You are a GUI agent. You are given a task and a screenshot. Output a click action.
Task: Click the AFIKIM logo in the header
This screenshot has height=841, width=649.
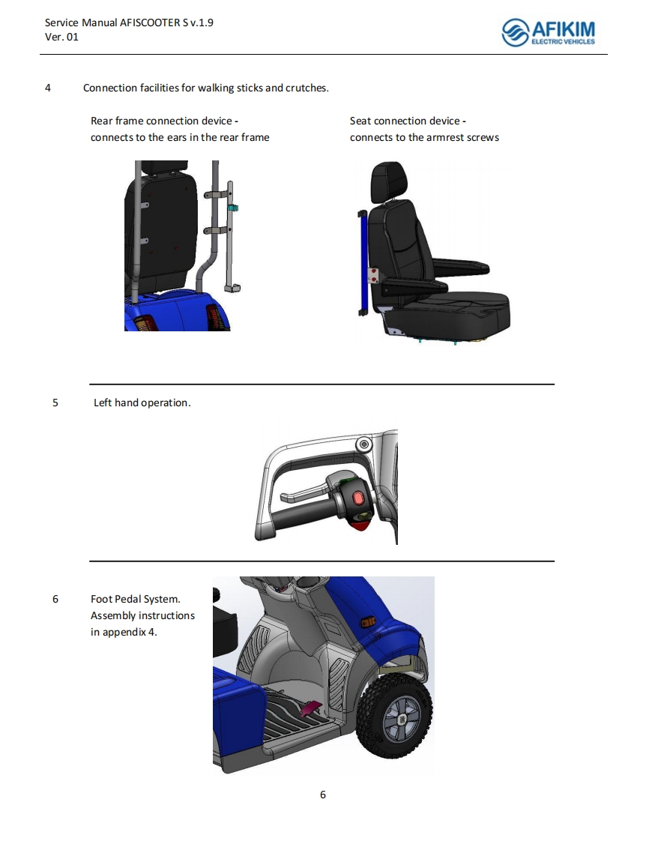(x=548, y=32)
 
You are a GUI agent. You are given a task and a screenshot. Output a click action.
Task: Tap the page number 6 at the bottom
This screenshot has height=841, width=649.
(x=323, y=795)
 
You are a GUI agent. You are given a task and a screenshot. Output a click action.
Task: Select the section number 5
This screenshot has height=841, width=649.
(x=55, y=403)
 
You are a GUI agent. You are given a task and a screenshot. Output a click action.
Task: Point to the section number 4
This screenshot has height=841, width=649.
(x=48, y=88)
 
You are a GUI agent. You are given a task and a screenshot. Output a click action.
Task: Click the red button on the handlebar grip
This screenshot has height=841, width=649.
(x=357, y=498)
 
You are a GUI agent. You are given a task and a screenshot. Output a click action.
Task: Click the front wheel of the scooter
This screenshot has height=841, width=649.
(x=396, y=716)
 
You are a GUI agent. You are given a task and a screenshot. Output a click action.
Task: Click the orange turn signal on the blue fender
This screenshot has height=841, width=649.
(x=369, y=622)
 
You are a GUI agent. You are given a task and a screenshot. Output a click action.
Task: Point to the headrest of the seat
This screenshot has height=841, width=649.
(x=386, y=182)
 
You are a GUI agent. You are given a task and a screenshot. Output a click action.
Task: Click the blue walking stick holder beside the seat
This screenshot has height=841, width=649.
(x=362, y=263)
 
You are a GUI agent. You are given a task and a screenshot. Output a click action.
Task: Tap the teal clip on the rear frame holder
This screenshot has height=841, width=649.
(x=233, y=208)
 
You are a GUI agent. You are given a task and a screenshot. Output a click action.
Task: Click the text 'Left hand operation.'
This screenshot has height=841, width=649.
(x=142, y=403)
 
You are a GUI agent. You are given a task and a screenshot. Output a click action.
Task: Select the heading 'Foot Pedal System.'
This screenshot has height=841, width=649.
(x=135, y=599)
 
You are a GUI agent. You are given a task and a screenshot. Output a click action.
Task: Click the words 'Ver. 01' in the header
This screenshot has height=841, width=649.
(x=61, y=37)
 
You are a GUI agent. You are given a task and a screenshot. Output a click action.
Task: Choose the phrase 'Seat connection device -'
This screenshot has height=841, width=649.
(x=408, y=121)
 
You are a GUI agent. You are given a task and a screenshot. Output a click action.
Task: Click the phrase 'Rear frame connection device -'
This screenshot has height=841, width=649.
(x=165, y=121)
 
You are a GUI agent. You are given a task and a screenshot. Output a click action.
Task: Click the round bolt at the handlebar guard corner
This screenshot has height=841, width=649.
(x=364, y=444)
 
